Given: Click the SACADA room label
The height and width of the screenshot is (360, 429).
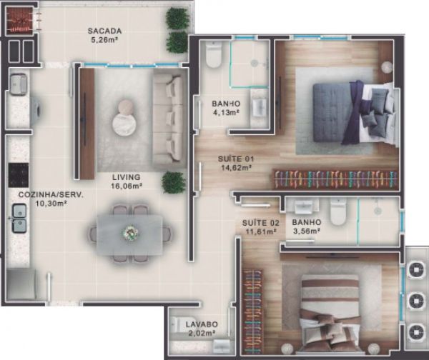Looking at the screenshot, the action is click(104, 31).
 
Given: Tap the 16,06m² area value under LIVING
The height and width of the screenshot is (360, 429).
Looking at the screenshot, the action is click(127, 186).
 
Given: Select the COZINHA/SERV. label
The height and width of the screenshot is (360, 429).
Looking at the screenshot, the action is click(51, 195).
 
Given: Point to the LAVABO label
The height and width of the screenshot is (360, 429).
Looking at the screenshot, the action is click(202, 324).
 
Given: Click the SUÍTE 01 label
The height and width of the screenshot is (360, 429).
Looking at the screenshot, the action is click(236, 159).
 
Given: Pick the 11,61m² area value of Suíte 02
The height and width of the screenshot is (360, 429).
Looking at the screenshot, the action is click(260, 232).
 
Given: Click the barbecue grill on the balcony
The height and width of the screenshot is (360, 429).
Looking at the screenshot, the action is click(20, 20).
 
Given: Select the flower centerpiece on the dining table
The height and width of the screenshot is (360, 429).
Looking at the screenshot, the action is click(129, 233).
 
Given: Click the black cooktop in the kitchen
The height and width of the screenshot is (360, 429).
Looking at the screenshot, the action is click(19, 175).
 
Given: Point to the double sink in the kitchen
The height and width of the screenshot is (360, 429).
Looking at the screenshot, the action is click(19, 219).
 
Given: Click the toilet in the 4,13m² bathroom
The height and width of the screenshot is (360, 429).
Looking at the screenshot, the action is click(213, 55).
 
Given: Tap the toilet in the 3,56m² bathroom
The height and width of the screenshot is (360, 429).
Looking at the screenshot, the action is click(338, 212).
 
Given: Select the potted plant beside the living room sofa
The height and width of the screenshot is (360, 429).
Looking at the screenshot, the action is click(174, 183).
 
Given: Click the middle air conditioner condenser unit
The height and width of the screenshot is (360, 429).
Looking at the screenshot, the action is click(416, 301).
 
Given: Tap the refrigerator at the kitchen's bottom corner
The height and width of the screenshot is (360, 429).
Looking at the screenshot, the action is click(21, 284).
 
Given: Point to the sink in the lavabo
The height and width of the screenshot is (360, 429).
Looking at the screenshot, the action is click(222, 346).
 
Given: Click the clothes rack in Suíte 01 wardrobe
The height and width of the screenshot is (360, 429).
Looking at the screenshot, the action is click(336, 179).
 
